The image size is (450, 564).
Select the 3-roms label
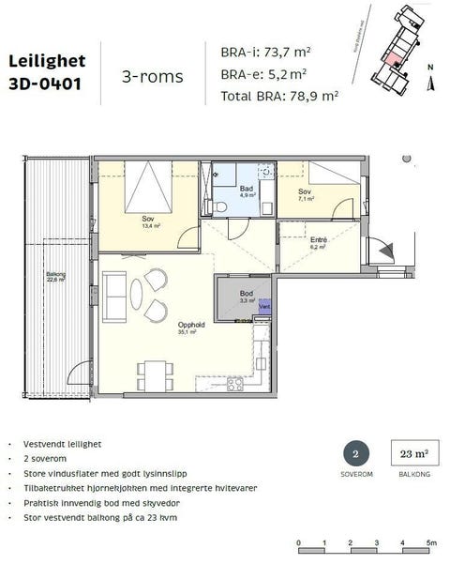(x=152, y=76)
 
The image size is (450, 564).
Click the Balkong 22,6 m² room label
(x=55, y=277)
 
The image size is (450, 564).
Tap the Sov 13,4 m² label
(x=147, y=221)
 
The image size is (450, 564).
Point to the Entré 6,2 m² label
(x=318, y=243)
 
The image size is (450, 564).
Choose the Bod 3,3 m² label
(x=246, y=297)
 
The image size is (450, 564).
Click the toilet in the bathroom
(x=225, y=206)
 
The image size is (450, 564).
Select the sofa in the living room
(x=116, y=296)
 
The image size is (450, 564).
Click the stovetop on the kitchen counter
(x=235, y=385)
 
